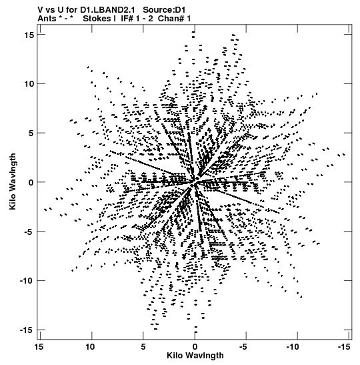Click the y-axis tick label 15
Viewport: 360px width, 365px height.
tap(29, 35)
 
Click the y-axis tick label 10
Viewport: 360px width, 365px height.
tap(29, 84)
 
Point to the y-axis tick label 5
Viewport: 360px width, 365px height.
tap(31, 133)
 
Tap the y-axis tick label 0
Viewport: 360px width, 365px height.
tap(31, 182)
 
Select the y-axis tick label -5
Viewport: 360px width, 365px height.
tap(29, 232)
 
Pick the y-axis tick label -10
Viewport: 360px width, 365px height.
tap(27, 280)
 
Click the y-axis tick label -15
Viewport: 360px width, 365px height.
tap(27, 330)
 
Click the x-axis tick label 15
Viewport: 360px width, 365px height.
tap(39, 347)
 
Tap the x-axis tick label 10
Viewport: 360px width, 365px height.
tap(90, 347)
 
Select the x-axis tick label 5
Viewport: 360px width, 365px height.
tap(143, 347)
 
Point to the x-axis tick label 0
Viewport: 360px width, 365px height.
tap(195, 347)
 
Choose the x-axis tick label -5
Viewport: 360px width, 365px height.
tap(244, 347)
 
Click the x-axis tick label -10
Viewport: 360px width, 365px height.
tap(293, 347)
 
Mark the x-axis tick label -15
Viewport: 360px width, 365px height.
tap(344, 347)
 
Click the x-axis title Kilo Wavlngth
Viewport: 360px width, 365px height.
tap(195, 356)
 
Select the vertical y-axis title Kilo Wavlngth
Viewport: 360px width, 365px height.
tap(13, 181)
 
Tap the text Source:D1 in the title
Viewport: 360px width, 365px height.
tap(164, 10)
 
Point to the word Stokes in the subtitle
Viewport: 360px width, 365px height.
tap(97, 19)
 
